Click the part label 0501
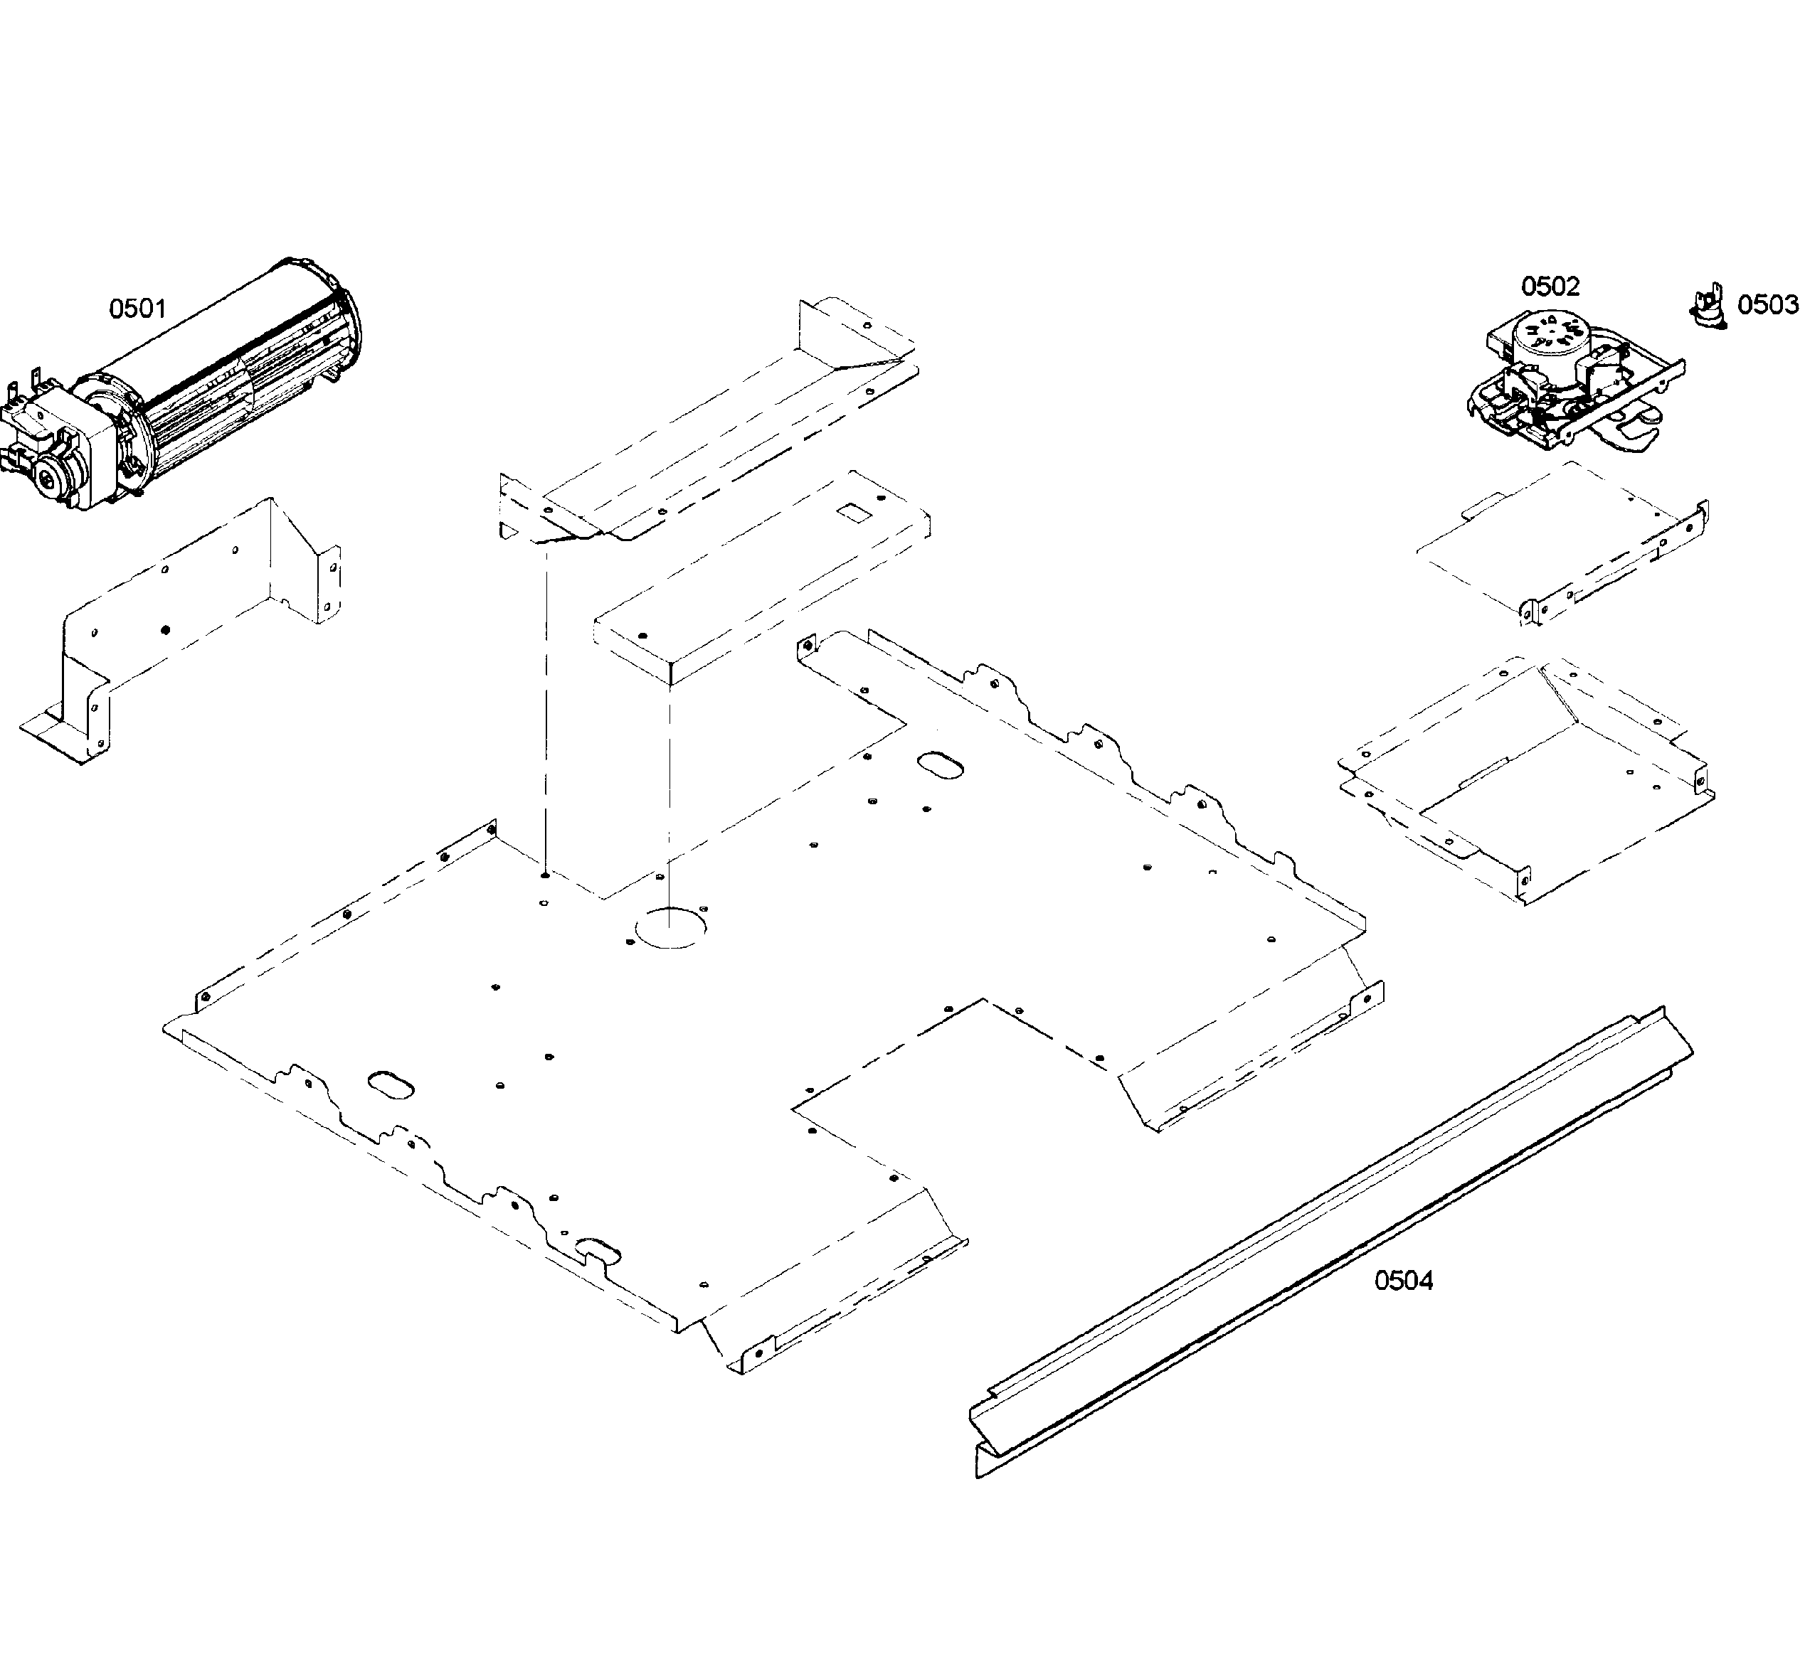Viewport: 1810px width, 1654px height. click(x=137, y=309)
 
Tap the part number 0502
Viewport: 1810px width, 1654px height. click(x=1549, y=287)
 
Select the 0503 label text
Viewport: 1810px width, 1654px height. click(x=1767, y=305)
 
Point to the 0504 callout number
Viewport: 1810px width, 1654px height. click(x=1403, y=1281)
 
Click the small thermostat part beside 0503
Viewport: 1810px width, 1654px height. click(x=1708, y=305)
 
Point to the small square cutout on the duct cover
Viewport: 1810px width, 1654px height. click(x=848, y=513)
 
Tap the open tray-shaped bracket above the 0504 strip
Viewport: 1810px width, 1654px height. click(x=1526, y=772)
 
